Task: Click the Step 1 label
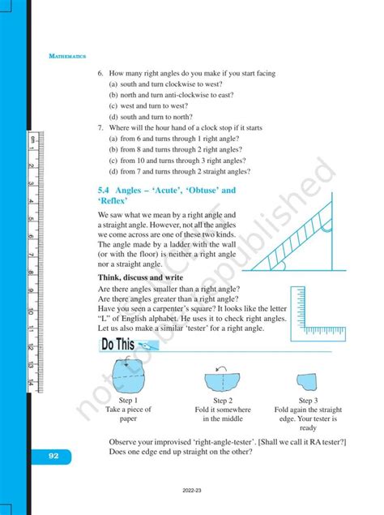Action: (x=129, y=401)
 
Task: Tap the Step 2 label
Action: (x=223, y=401)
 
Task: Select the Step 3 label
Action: (x=307, y=401)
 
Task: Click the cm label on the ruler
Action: (x=31, y=143)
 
